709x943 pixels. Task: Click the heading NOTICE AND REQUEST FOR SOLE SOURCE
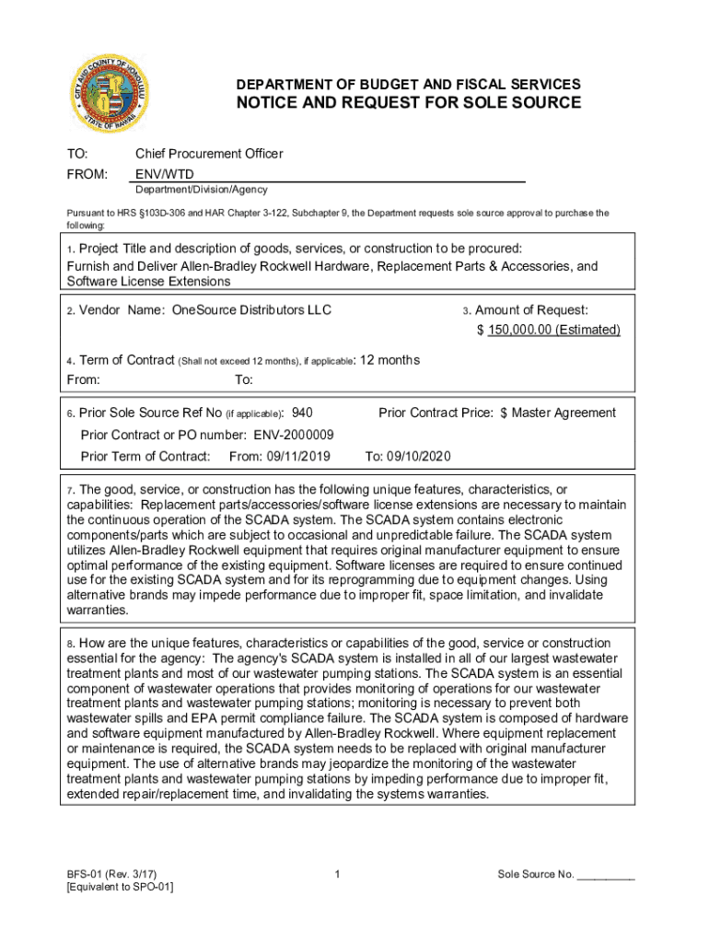click(409, 102)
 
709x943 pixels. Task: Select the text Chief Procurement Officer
click(209, 154)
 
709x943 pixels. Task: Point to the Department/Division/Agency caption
click(202, 190)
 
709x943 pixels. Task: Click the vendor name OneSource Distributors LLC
click(251, 310)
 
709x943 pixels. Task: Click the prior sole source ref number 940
click(302, 413)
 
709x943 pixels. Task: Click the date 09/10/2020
click(420, 456)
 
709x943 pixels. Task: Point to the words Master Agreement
click(564, 413)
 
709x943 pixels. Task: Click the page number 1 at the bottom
click(339, 874)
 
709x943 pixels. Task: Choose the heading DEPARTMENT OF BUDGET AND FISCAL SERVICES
click(409, 84)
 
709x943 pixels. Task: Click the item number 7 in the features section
click(70, 489)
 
